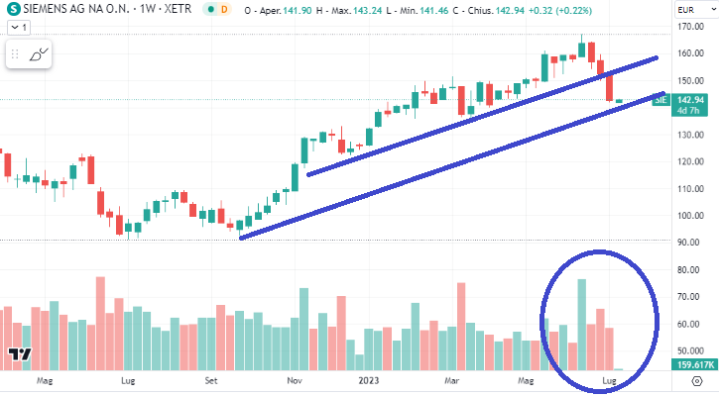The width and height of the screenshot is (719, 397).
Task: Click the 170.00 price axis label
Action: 690,26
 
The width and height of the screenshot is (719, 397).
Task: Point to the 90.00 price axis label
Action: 690,242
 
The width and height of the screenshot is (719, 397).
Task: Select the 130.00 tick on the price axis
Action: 690,134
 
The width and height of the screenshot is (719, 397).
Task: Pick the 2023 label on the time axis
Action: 371,379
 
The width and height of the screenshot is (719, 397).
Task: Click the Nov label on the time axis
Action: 296,379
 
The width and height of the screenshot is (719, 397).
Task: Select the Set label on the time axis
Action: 212,379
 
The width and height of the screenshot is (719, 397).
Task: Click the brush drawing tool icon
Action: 39,55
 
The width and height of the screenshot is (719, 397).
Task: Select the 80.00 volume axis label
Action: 690,269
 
